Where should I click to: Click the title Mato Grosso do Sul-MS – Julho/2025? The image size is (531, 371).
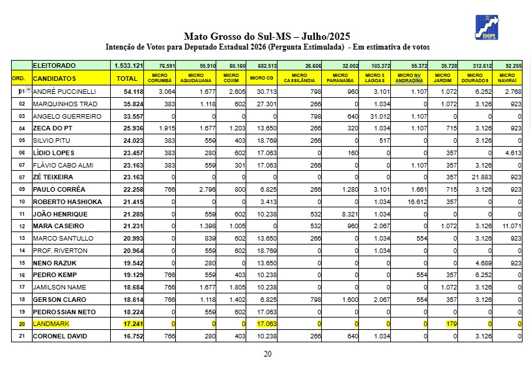click(267, 37)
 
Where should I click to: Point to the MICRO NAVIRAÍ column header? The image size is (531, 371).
click(508, 78)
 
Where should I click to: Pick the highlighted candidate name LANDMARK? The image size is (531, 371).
click(51, 324)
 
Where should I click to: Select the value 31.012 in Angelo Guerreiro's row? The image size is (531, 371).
click(378, 116)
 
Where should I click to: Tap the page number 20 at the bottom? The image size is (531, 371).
click(267, 354)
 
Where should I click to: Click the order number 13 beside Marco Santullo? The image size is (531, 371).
click(22, 239)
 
